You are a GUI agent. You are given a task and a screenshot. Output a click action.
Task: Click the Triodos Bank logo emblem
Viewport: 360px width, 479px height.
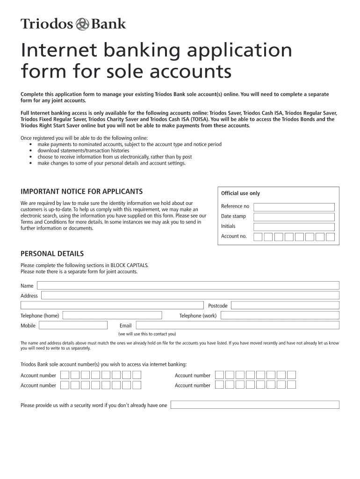(x=82, y=24)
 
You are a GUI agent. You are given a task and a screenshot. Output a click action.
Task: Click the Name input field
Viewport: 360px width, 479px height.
(x=188, y=285)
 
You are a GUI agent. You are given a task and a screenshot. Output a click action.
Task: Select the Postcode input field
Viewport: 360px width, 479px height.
(x=285, y=305)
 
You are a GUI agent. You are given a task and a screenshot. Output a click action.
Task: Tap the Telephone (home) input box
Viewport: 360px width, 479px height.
(x=112, y=315)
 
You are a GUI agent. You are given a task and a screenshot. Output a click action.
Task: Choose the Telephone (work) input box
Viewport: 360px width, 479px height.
(x=280, y=315)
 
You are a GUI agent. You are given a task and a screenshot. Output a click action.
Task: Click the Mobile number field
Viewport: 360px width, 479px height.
(x=73, y=325)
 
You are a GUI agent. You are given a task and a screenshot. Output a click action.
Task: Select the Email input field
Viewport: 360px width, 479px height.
(x=238, y=325)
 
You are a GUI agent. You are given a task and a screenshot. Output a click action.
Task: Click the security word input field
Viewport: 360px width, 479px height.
(x=254, y=405)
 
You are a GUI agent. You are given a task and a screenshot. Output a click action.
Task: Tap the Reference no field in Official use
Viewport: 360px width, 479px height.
(x=294, y=207)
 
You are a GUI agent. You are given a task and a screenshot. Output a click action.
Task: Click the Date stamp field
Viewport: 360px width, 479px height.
(x=294, y=217)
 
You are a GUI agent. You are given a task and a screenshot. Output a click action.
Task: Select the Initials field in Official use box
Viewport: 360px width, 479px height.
(x=294, y=227)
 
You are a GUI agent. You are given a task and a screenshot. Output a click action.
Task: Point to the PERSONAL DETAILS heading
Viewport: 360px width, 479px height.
(x=52, y=254)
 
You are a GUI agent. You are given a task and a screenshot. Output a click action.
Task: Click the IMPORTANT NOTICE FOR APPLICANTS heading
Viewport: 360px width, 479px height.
(x=81, y=191)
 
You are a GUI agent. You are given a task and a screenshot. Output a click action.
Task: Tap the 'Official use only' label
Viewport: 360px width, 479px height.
(x=240, y=193)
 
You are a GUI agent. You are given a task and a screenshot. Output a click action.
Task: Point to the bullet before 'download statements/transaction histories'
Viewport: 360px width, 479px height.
(x=30, y=151)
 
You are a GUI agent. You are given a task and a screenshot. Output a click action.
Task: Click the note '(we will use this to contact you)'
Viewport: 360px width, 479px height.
(x=147, y=334)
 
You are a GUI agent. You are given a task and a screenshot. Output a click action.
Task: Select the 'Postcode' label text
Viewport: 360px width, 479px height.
(x=217, y=306)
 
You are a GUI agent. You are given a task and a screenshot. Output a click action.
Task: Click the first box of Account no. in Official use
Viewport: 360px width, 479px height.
(x=258, y=237)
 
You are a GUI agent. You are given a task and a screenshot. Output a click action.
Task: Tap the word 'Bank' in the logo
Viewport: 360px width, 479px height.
(x=108, y=24)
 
